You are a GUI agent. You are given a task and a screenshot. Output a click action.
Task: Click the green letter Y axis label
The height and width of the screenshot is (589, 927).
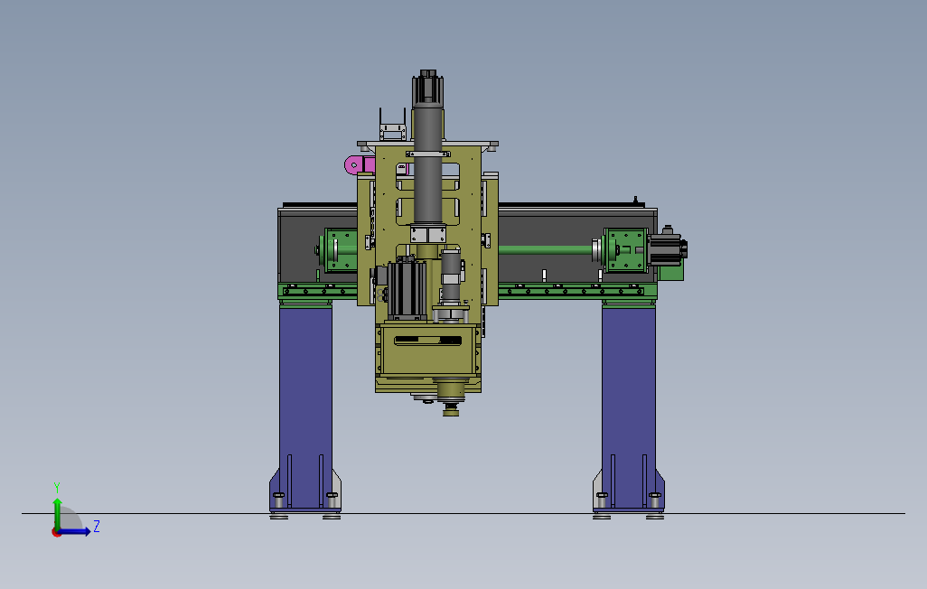coord(57,488)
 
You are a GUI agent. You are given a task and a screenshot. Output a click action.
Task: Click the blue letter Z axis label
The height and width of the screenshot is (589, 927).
coord(97,526)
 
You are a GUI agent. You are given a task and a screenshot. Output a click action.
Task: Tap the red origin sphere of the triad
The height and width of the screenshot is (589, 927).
coord(57,532)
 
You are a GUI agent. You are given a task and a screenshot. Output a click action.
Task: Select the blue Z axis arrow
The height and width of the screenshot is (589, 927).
coord(74,532)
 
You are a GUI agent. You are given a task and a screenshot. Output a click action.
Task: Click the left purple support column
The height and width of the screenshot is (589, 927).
coord(305,408)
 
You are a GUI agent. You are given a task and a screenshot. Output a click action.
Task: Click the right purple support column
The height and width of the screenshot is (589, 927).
coord(629,408)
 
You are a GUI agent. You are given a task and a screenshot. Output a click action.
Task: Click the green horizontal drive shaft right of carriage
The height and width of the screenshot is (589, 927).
coord(547,249)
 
